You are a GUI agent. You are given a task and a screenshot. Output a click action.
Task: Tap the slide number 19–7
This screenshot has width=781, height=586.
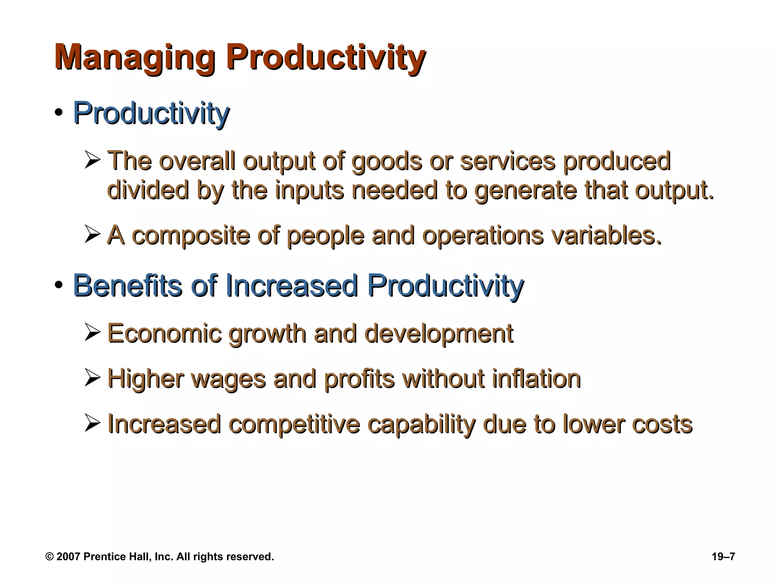723,557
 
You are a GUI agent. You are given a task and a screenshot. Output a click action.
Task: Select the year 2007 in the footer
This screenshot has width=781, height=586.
68,557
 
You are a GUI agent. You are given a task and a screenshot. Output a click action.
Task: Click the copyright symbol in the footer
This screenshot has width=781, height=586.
49,557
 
